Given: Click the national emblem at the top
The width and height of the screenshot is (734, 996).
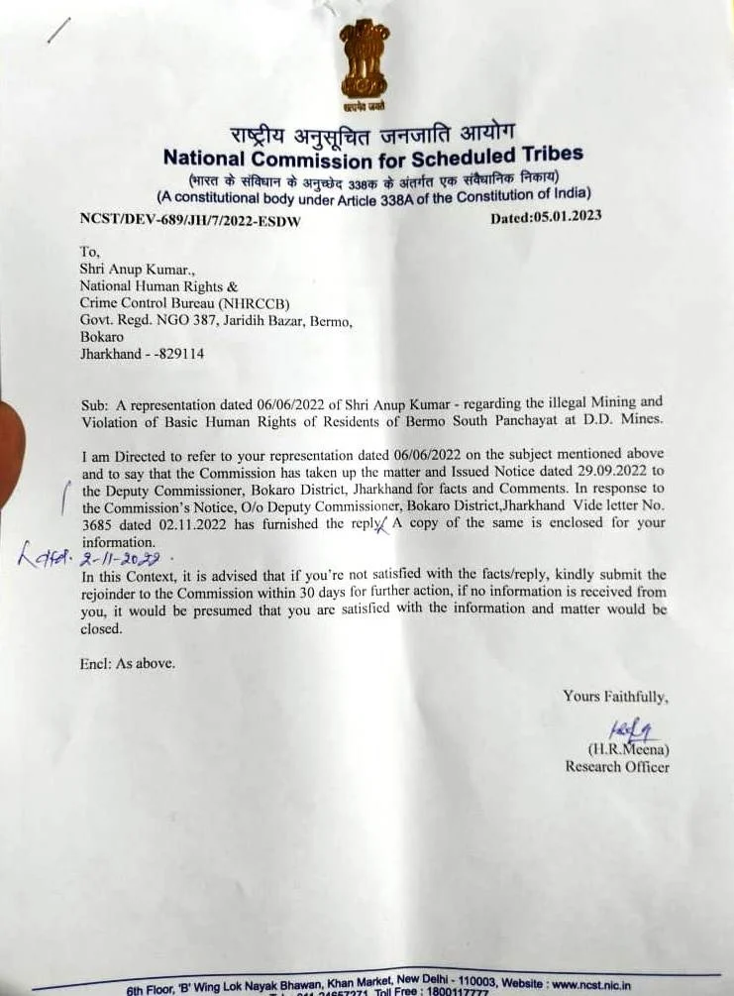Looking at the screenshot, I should [364, 63].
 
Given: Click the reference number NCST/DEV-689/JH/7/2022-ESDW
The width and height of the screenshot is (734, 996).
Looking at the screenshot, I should [189, 220].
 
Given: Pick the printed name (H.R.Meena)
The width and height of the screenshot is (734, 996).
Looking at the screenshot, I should [628, 749].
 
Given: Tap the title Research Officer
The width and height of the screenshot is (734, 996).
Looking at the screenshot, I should [617, 766].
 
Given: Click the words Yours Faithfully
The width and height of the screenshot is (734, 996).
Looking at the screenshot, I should [615, 696].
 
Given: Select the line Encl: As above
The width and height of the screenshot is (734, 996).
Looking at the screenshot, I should [127, 664].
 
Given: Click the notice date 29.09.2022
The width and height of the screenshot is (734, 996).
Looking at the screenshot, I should [595, 473].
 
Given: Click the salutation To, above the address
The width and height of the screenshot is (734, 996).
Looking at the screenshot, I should [89, 253].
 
